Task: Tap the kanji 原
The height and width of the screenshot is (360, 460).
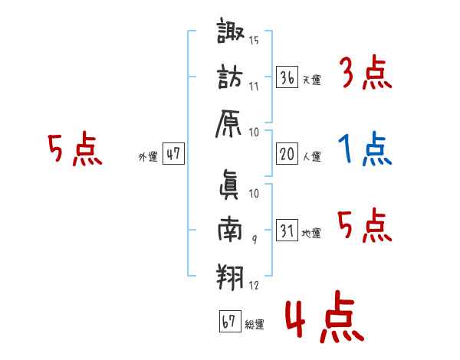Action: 232,123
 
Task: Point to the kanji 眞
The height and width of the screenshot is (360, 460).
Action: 231,183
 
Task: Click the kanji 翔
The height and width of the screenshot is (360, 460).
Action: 230,276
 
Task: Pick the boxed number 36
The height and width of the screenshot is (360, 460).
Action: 287,77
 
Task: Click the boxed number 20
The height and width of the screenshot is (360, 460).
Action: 287,154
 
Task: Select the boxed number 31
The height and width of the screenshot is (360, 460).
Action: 287,231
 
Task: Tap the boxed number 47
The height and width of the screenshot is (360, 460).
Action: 173,154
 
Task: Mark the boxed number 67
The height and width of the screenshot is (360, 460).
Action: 228,322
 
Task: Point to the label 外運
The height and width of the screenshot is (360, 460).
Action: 148,157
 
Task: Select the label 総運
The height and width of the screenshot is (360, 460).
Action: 254,325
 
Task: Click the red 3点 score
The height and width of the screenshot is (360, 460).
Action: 366,75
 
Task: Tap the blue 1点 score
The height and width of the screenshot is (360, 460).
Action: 366,150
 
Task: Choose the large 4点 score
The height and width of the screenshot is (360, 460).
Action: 322,319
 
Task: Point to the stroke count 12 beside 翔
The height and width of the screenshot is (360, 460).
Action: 254,286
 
